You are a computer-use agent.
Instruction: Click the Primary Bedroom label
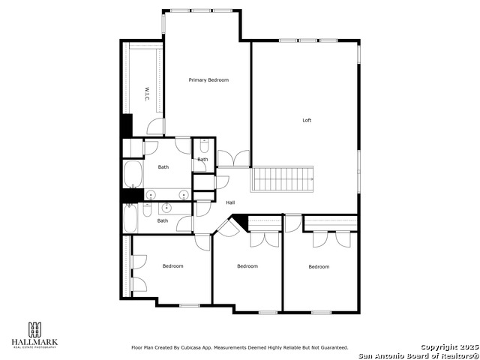click(x=208, y=79)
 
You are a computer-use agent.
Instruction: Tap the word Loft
click(x=307, y=120)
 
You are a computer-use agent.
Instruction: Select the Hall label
click(x=230, y=202)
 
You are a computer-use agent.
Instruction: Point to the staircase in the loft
click(x=283, y=179)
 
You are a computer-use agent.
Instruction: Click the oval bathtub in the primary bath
click(x=133, y=174)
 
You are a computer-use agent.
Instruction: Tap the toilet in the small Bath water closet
click(x=203, y=147)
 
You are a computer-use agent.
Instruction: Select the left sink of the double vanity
click(x=151, y=195)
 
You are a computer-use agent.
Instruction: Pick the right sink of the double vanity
click(x=181, y=195)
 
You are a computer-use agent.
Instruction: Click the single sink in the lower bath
click(x=166, y=208)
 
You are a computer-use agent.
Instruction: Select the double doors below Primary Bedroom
click(x=233, y=158)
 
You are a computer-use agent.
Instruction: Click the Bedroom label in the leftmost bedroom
click(x=173, y=265)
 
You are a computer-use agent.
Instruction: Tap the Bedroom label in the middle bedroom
click(x=247, y=266)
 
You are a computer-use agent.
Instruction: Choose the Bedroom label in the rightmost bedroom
click(x=319, y=266)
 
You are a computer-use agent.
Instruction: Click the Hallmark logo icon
click(x=34, y=330)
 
